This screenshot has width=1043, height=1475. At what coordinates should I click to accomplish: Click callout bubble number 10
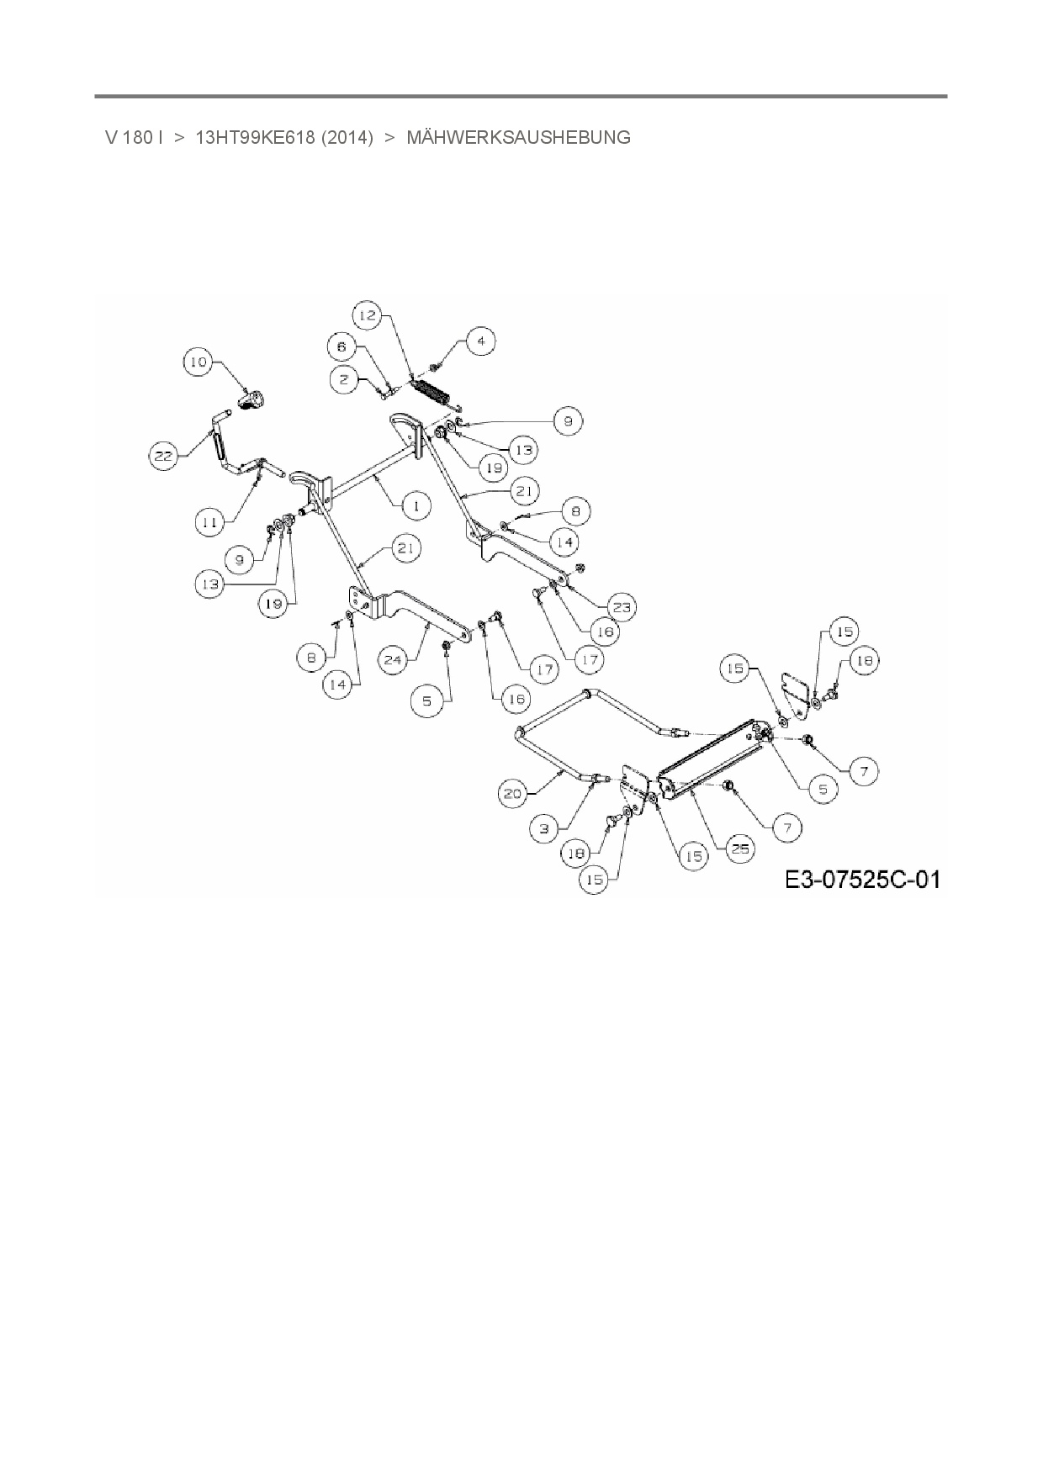point(199,362)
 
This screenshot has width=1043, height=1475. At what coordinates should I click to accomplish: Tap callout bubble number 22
point(164,456)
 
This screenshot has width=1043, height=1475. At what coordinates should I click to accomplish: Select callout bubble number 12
point(368,316)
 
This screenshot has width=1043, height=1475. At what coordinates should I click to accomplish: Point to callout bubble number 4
point(480,341)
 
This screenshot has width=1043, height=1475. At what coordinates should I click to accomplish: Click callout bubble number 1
point(416,505)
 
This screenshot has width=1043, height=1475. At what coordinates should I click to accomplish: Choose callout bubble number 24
point(341,346)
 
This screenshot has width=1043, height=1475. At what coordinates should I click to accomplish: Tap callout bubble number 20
point(513,793)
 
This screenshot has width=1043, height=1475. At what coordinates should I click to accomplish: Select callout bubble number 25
point(740,849)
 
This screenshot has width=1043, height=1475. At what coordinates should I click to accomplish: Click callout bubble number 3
point(544,828)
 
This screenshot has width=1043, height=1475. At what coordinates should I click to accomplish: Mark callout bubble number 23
point(623,606)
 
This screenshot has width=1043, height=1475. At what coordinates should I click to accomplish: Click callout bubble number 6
point(341,346)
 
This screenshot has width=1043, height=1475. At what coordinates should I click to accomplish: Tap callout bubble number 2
point(343,380)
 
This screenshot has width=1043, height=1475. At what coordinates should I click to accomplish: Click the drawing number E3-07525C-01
point(862,880)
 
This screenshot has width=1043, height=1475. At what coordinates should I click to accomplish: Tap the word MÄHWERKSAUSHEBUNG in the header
point(518,138)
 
